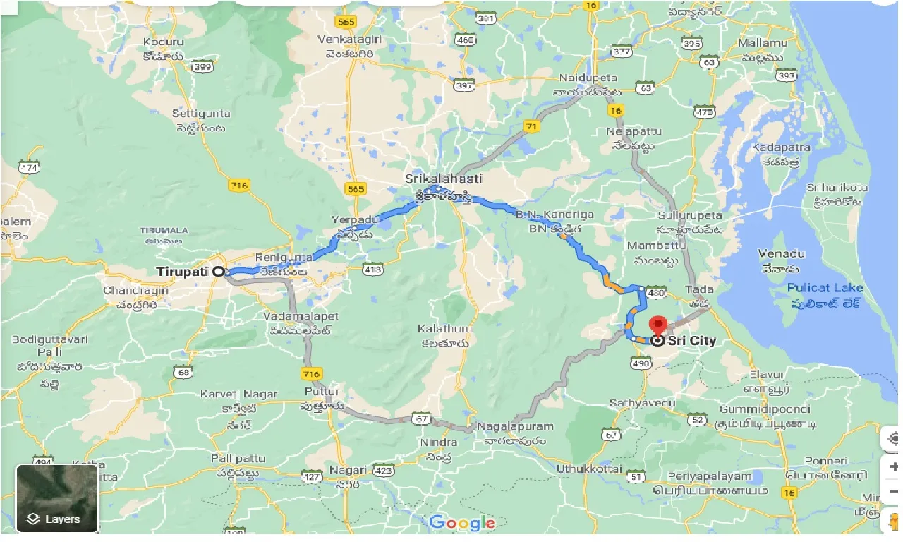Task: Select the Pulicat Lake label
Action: tap(825, 288)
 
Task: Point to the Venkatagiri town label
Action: tap(349, 38)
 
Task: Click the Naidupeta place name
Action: tap(588, 78)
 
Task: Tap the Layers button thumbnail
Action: tap(57, 498)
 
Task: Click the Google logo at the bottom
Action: tap(462, 523)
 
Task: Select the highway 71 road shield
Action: tap(531, 126)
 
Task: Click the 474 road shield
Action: tap(30, 167)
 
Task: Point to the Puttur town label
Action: tap(322, 392)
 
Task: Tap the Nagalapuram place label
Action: tap(515, 427)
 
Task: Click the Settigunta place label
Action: tap(201, 113)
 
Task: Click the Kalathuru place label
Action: tap(444, 330)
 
